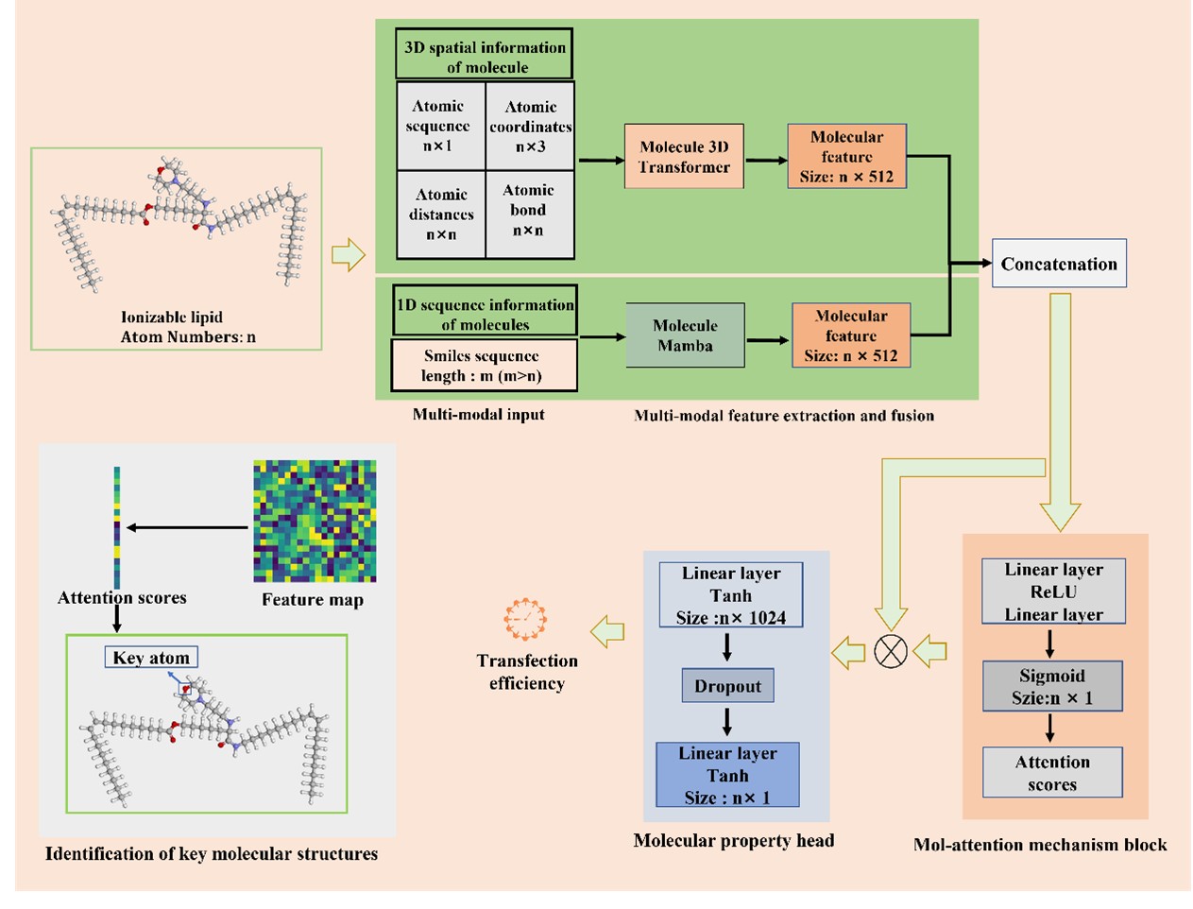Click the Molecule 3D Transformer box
[684, 157]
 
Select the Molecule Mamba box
[685, 335]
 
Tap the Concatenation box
[1058, 264]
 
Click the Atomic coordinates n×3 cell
[530, 127]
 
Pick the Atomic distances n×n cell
[441, 214]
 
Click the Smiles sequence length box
[484, 366]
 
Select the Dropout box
[727, 686]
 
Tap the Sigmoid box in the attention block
[1052, 686]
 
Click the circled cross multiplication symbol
[891, 651]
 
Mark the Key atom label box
[151, 658]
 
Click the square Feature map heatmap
[315, 521]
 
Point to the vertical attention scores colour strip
[117, 527]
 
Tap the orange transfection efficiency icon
[525, 620]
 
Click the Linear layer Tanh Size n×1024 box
[731, 595]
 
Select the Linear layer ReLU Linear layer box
[1053, 592]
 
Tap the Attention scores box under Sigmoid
[1052, 773]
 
